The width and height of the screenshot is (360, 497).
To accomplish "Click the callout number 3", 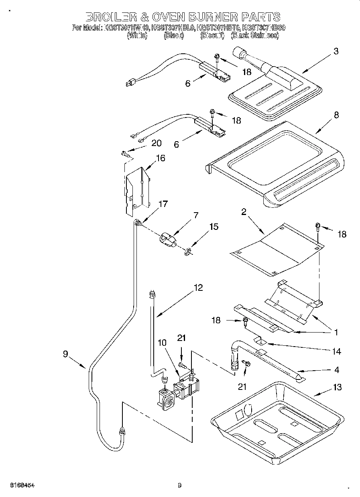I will pos(336,51).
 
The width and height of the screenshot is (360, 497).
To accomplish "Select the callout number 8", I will pos(336,115).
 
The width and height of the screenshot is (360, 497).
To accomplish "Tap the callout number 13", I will pos(337,387).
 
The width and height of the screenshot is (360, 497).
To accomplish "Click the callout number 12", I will pos(198,288).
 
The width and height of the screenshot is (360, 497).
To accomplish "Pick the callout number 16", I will pos(160,158).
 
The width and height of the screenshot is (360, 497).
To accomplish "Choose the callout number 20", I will pos(156,143).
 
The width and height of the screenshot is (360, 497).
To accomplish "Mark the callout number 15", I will pos(214,227).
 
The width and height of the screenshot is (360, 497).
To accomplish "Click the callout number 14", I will pos(336,352).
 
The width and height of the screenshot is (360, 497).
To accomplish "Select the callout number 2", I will pos(244,213).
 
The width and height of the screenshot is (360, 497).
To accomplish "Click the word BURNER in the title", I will pos(217,17).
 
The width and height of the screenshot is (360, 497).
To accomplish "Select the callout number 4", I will pos(337,369).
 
